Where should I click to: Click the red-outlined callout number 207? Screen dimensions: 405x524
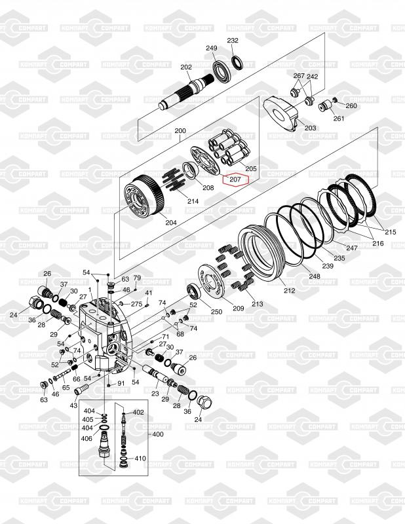click(x=235, y=179)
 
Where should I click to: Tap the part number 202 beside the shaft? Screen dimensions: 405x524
click(x=186, y=67)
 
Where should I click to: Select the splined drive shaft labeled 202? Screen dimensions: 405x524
click(x=185, y=92)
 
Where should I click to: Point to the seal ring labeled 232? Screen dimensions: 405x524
click(x=237, y=63)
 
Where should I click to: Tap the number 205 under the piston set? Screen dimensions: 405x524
click(x=251, y=169)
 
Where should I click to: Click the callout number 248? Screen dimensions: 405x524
click(x=315, y=276)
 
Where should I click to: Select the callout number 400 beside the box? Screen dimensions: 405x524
click(x=158, y=434)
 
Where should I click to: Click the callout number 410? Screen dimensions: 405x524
click(x=140, y=458)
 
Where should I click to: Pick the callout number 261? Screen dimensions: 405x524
click(x=339, y=118)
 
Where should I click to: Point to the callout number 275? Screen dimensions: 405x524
click(x=136, y=304)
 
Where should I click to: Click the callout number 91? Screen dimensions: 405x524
click(x=121, y=383)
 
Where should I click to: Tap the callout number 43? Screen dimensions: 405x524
click(x=73, y=405)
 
